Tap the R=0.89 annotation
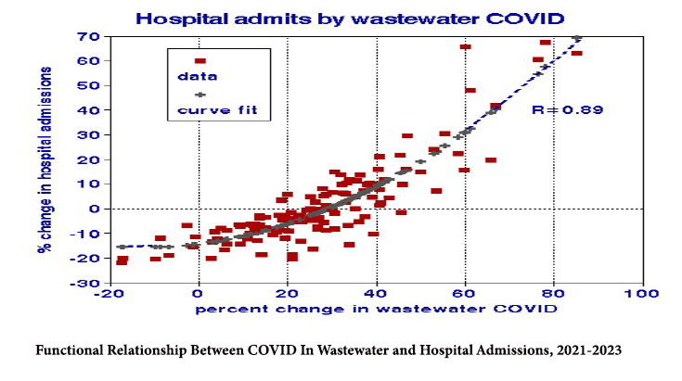coord(568,109)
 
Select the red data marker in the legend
coord(199,60)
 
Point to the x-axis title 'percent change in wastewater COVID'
coord(376,309)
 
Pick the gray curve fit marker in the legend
coord(199,95)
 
